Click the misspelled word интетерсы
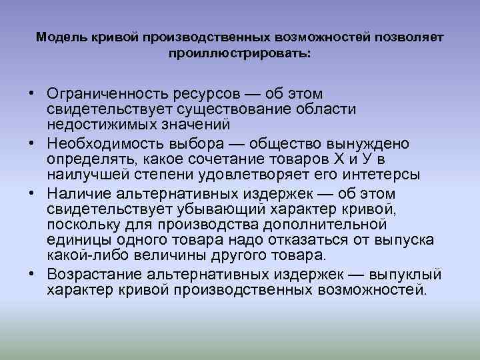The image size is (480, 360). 379,175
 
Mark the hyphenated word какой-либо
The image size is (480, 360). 82,256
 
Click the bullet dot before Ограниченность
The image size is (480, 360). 32,93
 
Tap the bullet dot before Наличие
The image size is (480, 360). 32,194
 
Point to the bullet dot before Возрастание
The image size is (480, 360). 32,275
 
